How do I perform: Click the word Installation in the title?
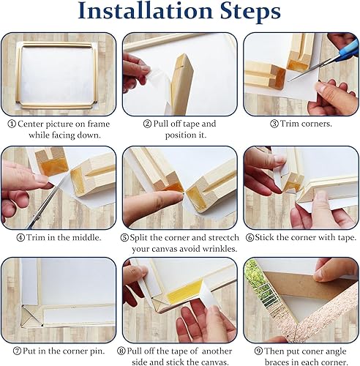(146, 11)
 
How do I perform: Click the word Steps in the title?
(250, 12)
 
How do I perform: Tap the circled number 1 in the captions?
(12, 124)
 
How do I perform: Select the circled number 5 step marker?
(124, 238)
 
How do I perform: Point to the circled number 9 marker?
(258, 351)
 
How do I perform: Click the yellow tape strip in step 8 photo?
(185, 292)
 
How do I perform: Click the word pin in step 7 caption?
(97, 351)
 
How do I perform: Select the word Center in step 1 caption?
(31, 124)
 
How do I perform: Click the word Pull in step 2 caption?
(160, 124)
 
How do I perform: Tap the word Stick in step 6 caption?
(263, 237)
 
